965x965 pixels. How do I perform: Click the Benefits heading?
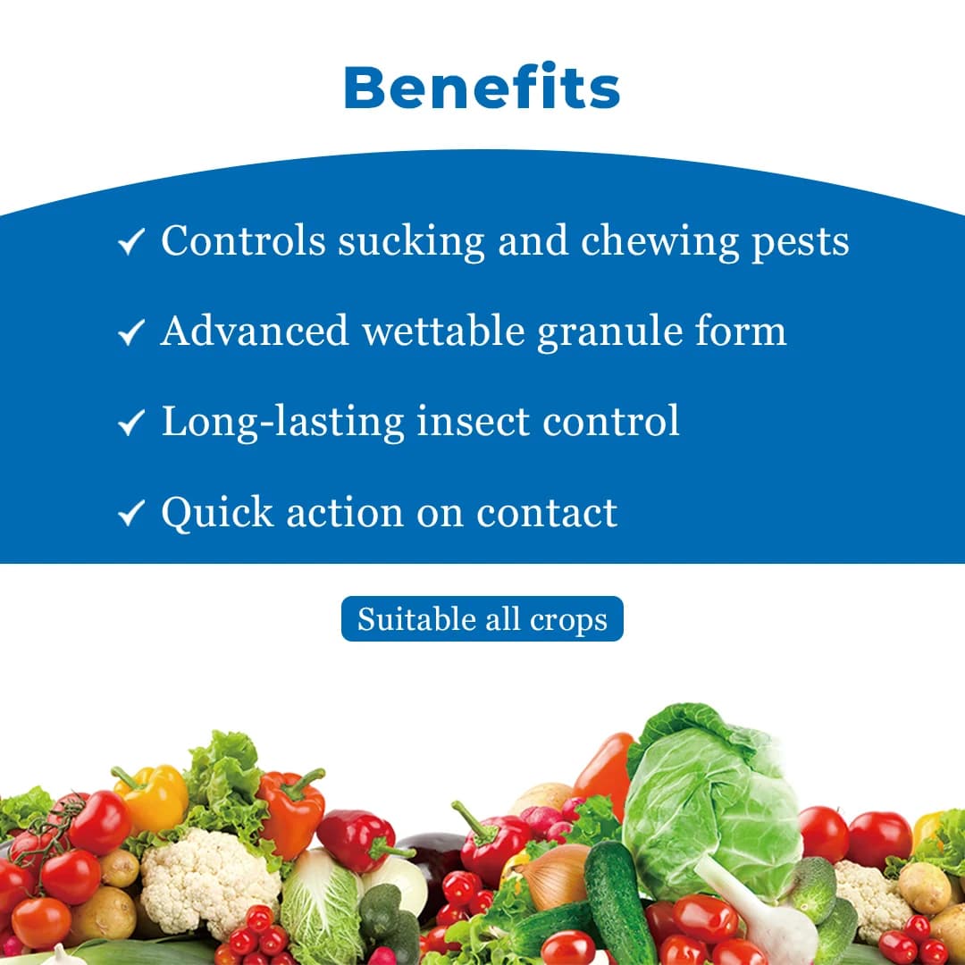point(482,87)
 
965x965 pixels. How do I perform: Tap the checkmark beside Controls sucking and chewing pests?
point(131,241)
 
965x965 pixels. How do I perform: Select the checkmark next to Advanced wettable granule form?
point(131,332)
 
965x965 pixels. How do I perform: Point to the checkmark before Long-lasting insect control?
point(131,423)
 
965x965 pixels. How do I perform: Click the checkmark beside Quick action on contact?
point(131,513)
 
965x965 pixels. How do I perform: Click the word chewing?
point(659,242)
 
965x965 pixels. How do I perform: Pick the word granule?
point(609,333)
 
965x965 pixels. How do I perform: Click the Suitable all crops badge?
point(482,618)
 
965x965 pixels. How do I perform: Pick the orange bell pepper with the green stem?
point(291,812)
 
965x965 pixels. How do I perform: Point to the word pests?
point(801,243)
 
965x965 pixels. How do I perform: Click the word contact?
point(547,513)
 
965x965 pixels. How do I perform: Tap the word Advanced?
point(255,331)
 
